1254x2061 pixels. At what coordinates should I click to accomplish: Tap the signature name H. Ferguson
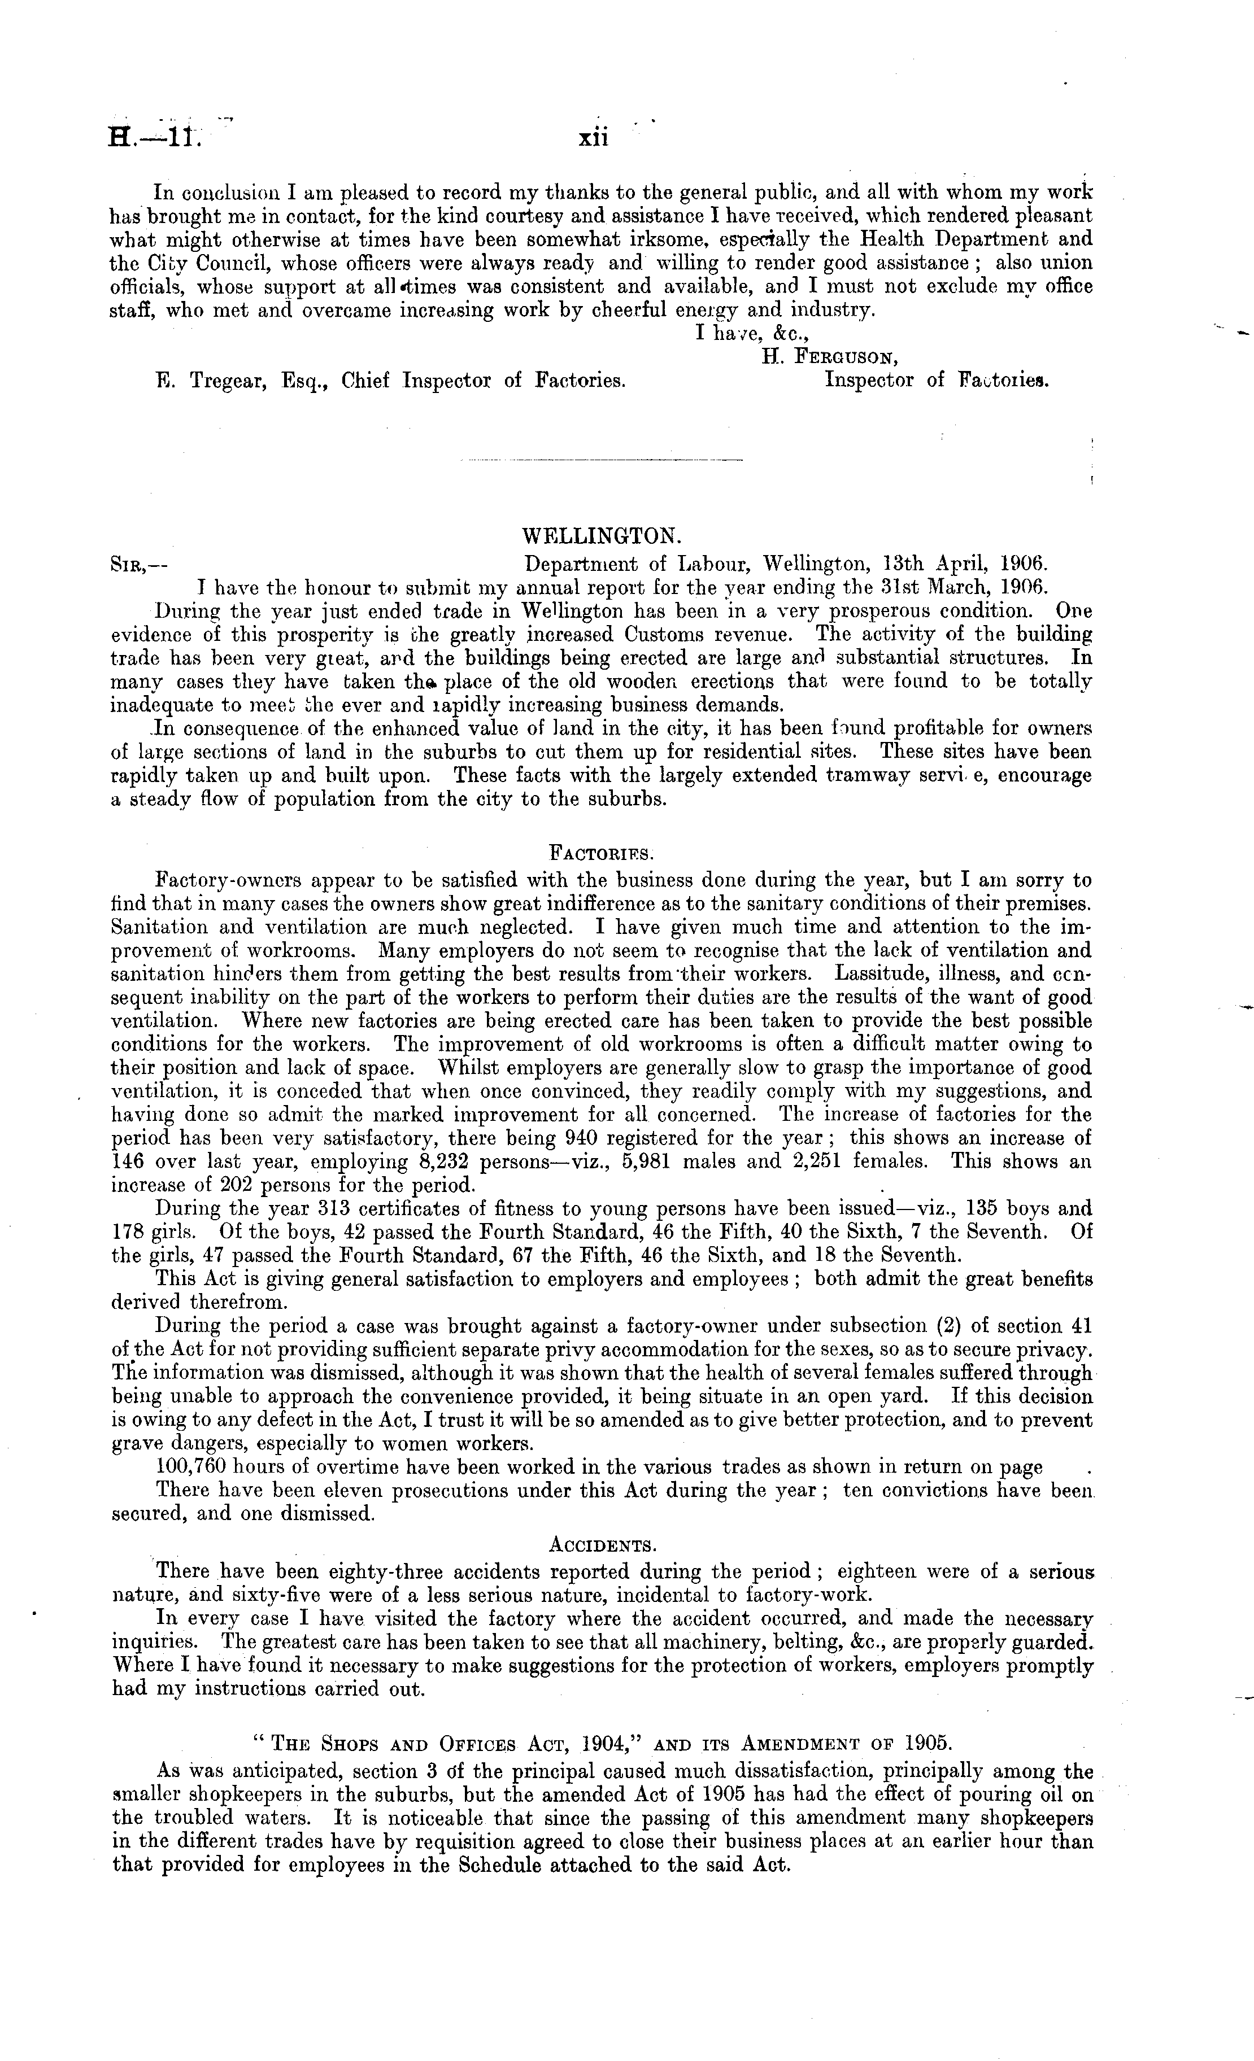point(830,357)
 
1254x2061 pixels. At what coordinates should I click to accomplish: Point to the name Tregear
point(228,381)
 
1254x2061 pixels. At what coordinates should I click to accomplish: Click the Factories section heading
point(599,853)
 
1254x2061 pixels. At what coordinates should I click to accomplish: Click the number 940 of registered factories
point(583,1138)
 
